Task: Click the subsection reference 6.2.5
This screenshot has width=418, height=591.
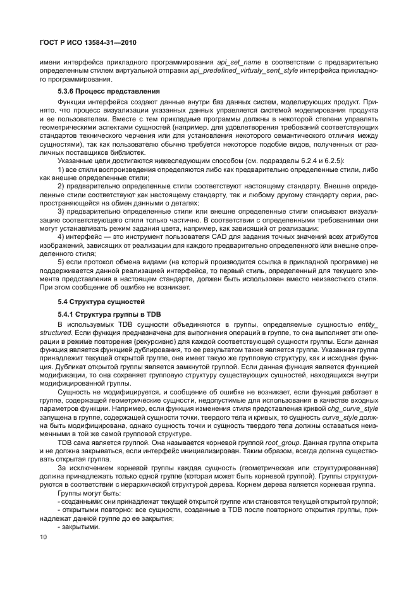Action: click(x=335, y=162)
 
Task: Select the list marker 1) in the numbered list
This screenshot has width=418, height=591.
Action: click(x=61, y=171)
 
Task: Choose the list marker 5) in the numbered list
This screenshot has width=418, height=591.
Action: click(x=61, y=262)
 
